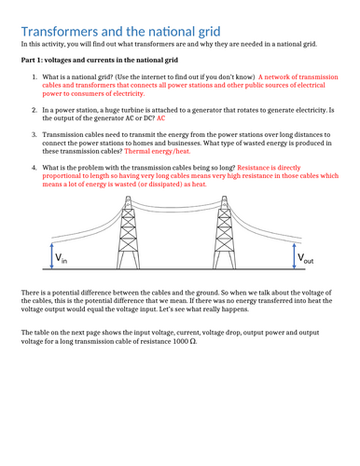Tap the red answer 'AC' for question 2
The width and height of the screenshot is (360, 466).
(x=160, y=118)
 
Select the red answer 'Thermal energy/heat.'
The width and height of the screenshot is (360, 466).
(x=158, y=151)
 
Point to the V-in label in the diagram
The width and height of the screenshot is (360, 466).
(x=61, y=258)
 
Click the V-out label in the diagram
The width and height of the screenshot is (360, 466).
(x=305, y=258)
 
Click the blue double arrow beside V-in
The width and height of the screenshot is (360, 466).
(x=52, y=255)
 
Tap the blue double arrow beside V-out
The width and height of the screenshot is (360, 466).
(x=294, y=255)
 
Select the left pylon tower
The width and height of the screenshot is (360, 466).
(x=128, y=232)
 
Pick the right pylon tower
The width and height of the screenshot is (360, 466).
(x=224, y=232)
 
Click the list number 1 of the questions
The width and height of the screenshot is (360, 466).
(x=35, y=77)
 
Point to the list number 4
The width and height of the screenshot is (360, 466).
(x=35, y=168)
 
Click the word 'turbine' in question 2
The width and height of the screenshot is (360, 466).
(x=132, y=110)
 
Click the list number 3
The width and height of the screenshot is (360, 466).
(x=35, y=135)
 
